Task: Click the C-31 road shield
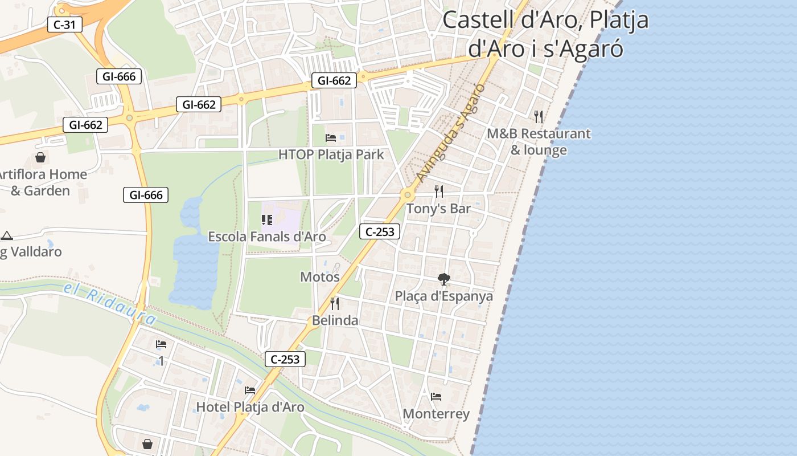click(x=65, y=25)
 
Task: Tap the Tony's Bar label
click(x=438, y=209)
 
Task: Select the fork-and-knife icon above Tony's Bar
click(x=438, y=191)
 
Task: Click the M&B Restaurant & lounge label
click(x=539, y=142)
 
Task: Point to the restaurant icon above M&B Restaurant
click(x=539, y=117)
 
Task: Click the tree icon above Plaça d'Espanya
click(x=444, y=279)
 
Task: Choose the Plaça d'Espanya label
click(x=444, y=296)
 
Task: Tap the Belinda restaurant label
click(x=335, y=320)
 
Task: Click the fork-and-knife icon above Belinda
click(x=335, y=303)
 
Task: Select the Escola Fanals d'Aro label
click(x=267, y=237)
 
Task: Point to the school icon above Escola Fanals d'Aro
click(x=266, y=219)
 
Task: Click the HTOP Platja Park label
click(x=331, y=154)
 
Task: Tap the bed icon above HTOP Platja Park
click(x=331, y=137)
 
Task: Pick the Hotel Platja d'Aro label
click(x=250, y=407)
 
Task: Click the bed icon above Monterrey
click(x=436, y=396)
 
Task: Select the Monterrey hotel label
click(x=436, y=414)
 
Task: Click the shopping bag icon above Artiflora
click(x=40, y=157)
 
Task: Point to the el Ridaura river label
click(x=110, y=305)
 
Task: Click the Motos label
click(x=320, y=277)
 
